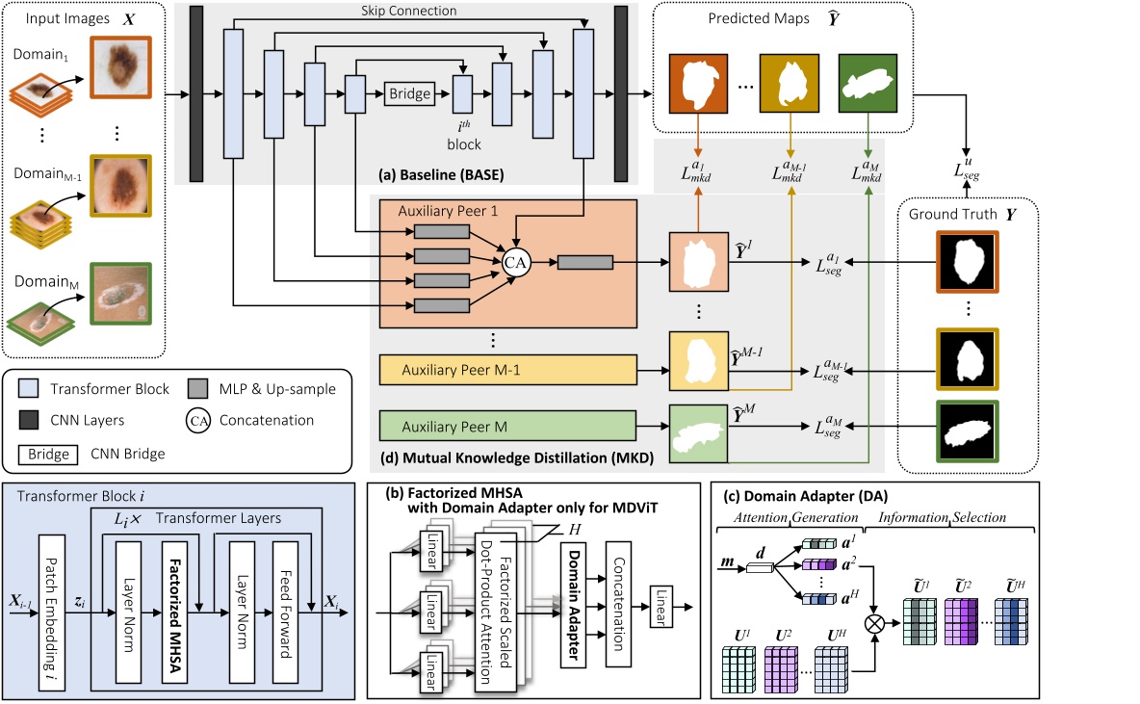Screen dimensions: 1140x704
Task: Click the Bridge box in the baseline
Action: pos(410,94)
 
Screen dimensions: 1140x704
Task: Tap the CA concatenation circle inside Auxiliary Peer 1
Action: pos(514,261)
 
